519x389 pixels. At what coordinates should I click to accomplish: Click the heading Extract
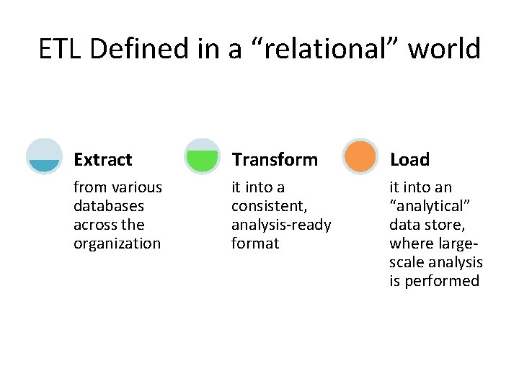(x=102, y=159)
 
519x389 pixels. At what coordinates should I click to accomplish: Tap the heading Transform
(x=274, y=159)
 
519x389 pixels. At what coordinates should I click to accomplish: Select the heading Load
(x=409, y=159)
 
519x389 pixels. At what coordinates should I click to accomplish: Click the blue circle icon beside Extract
(x=44, y=156)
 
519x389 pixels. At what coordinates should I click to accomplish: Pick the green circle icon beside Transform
(x=202, y=156)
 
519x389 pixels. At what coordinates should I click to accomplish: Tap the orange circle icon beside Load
(x=360, y=156)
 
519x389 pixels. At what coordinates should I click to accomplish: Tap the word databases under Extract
(x=108, y=206)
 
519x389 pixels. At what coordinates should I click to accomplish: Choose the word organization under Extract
(x=117, y=243)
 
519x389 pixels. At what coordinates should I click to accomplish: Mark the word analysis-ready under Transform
(x=281, y=225)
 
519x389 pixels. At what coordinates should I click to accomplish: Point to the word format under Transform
(x=254, y=243)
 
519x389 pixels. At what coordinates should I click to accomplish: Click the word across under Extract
(x=94, y=225)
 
